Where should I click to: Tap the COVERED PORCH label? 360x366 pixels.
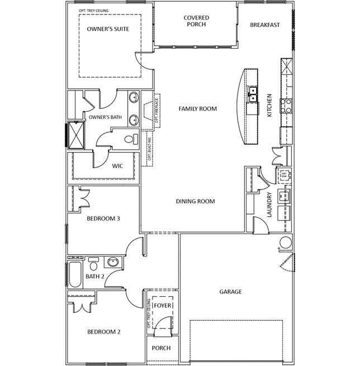[x=196, y=21]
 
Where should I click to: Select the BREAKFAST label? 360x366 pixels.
[x=264, y=25]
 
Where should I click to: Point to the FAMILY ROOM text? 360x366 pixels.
[x=197, y=108]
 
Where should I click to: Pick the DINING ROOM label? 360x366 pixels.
[x=196, y=201]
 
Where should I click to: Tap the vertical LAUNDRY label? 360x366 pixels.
[x=269, y=205]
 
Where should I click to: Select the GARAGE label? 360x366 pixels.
[x=230, y=291]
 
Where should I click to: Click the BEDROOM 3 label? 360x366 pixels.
[x=103, y=218]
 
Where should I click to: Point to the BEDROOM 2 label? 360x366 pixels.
[x=104, y=331]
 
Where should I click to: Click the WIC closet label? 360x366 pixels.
[x=117, y=166]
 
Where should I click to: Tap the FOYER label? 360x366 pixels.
[x=163, y=306]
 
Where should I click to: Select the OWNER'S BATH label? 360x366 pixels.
[x=105, y=117]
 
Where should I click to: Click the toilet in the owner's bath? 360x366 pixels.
[x=131, y=139]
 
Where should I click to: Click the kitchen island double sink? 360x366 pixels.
[x=253, y=93]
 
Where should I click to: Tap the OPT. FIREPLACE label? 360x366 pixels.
[x=157, y=110]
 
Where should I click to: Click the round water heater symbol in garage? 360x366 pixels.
[x=286, y=243]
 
